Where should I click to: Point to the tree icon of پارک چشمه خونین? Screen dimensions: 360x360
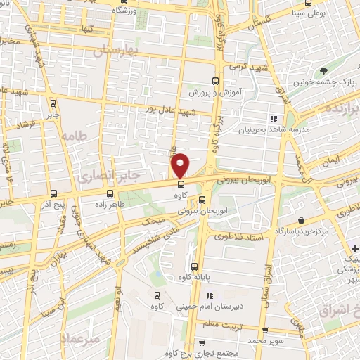(323, 71)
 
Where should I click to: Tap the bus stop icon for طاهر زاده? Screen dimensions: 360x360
(109, 193)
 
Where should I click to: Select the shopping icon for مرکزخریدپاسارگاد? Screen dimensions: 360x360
(301, 220)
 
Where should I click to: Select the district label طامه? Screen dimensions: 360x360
(73, 136)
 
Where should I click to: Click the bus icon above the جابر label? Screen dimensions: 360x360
(53, 101)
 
